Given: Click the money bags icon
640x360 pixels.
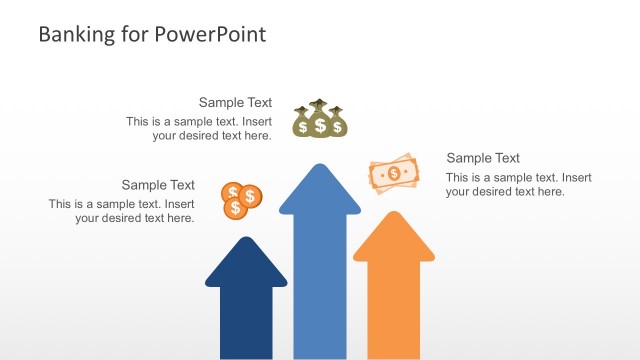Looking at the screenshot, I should [x=319, y=119].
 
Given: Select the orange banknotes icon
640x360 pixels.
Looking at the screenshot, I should [x=393, y=174].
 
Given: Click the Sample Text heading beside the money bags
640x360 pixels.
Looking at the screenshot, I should [x=235, y=102].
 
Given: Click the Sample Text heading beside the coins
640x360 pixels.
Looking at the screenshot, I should [x=158, y=185].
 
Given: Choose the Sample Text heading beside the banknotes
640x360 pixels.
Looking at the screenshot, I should [x=483, y=158].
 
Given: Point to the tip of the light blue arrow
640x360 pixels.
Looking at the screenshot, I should [x=319, y=166].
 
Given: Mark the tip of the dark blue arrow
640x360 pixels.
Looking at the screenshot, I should [x=246, y=239].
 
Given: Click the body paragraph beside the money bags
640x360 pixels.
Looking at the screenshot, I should [x=199, y=129].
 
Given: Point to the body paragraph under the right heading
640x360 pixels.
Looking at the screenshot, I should [x=518, y=184].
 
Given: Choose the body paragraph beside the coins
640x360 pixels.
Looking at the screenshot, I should [x=122, y=211].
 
